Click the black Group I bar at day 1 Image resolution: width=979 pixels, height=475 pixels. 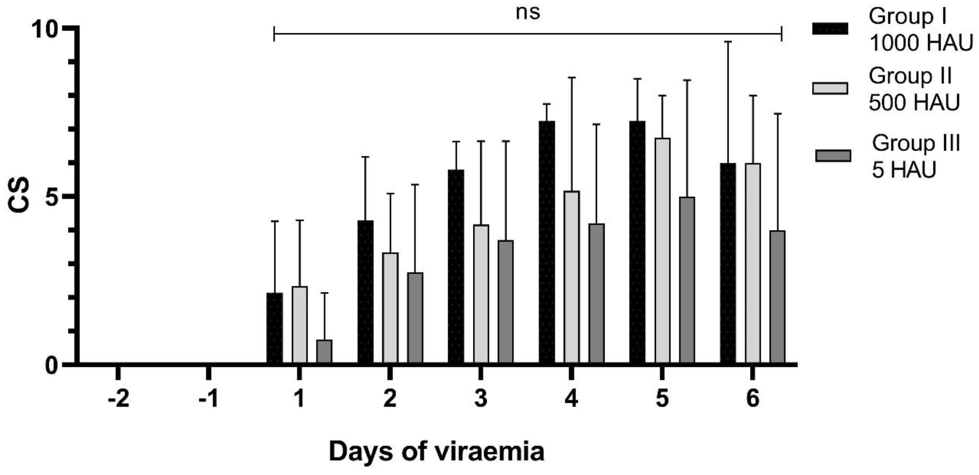275,328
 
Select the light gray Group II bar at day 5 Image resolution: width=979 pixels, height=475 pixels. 662,251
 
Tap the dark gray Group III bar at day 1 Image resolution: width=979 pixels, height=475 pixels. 324,352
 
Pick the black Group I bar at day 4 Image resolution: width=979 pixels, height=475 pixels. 547,242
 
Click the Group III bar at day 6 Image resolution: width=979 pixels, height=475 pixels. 777,297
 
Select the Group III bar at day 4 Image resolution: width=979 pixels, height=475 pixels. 596,294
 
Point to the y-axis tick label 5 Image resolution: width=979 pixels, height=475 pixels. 52,197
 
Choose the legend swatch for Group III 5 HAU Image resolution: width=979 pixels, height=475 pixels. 833,156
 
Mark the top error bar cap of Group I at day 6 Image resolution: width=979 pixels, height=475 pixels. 728,42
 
